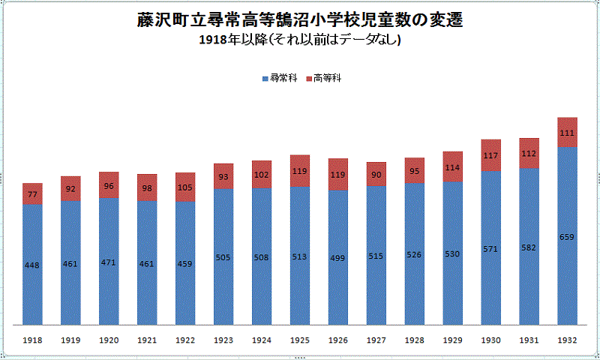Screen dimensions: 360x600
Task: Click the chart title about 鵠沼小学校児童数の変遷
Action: pos(299,21)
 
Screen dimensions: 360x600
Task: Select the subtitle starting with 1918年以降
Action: pos(299,40)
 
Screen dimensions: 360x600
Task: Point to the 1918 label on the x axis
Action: pos(32,340)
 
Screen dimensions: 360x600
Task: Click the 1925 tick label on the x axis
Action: pos(300,340)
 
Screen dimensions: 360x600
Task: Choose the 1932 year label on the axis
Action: pos(568,340)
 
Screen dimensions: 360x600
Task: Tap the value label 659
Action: pos(568,237)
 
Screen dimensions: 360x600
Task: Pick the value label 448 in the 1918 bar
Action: pos(32,265)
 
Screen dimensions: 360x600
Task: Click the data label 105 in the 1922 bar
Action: pos(185,187)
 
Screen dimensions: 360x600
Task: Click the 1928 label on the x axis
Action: pos(415,340)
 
